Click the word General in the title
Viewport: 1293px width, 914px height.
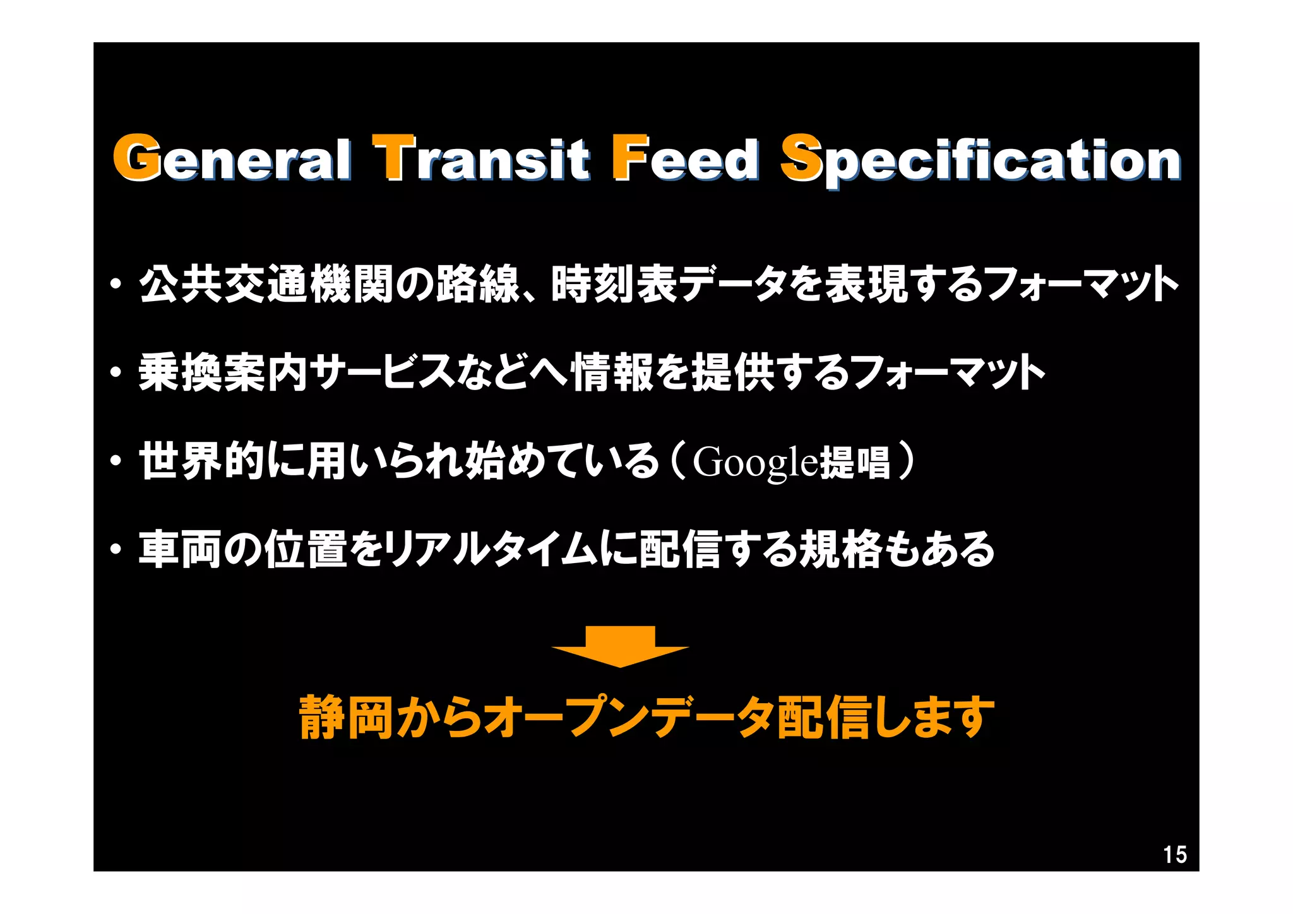[x=232, y=158]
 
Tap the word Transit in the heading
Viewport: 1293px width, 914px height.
[x=481, y=158]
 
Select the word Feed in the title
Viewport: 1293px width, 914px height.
[x=686, y=158]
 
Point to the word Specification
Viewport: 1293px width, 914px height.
[x=980, y=159]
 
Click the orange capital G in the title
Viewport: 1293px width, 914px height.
[x=136, y=157]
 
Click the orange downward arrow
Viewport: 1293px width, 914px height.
[x=620, y=646]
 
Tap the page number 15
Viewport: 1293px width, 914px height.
[x=1174, y=855]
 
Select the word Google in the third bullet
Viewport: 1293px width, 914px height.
[x=755, y=461]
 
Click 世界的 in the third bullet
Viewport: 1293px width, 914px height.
[x=202, y=461]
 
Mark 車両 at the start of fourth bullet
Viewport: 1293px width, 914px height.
[x=181, y=549]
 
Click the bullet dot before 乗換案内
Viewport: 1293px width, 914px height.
[x=116, y=374]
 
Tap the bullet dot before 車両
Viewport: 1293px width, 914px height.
[x=116, y=550]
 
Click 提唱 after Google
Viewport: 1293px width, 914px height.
[x=855, y=461]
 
